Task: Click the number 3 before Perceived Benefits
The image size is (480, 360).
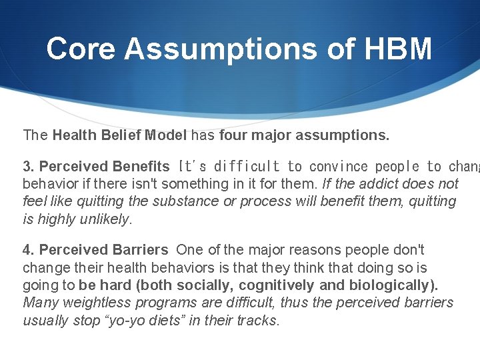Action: pyautogui.click(x=26, y=166)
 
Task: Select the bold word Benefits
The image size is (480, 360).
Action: pyautogui.click(x=141, y=166)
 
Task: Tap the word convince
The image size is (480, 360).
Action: pyautogui.click(x=339, y=166)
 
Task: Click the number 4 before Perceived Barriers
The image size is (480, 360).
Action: pyautogui.click(x=26, y=250)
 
